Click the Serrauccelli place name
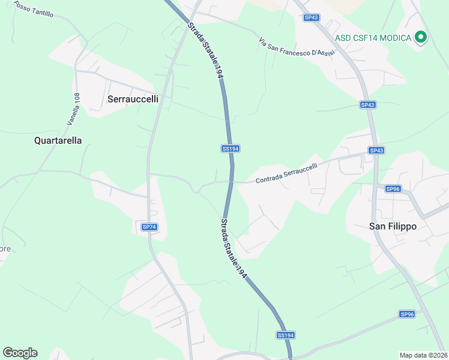(133, 99)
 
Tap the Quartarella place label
(58, 140)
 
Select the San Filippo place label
(393, 226)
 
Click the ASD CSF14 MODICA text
(373, 38)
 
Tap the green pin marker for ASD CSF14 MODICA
(421, 37)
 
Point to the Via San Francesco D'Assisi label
(296, 49)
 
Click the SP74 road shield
(149, 227)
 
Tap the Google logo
(20, 353)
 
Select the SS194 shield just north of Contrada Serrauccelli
(231, 148)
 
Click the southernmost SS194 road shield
(286, 335)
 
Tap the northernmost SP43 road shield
(311, 18)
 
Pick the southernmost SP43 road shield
(376, 150)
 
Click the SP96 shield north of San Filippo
(393, 189)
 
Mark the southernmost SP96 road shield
(407, 314)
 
